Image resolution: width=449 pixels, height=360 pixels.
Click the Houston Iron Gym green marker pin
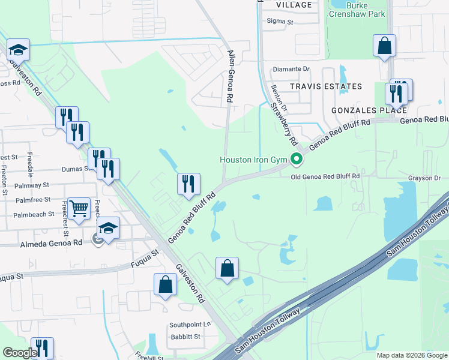[x=296, y=160]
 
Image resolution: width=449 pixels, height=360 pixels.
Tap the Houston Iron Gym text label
[x=254, y=160]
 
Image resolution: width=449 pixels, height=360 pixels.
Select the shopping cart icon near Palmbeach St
[x=79, y=210]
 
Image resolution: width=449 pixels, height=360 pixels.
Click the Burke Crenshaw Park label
[x=357, y=9]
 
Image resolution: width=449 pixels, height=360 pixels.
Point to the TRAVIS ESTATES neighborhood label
[x=326, y=86]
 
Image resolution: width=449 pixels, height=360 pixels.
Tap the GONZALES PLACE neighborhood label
[x=369, y=110]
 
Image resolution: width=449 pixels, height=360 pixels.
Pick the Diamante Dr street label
[x=291, y=69]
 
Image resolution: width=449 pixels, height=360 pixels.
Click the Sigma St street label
[x=280, y=21]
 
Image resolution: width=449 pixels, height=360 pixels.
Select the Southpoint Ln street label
[x=190, y=325]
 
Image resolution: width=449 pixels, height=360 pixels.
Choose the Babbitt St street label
[x=184, y=337]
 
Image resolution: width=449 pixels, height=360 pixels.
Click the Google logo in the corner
[x=20, y=352]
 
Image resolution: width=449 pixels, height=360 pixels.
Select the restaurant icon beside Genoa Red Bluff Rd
[x=188, y=185]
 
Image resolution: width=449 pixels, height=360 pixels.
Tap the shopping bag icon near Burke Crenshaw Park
[x=384, y=46]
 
